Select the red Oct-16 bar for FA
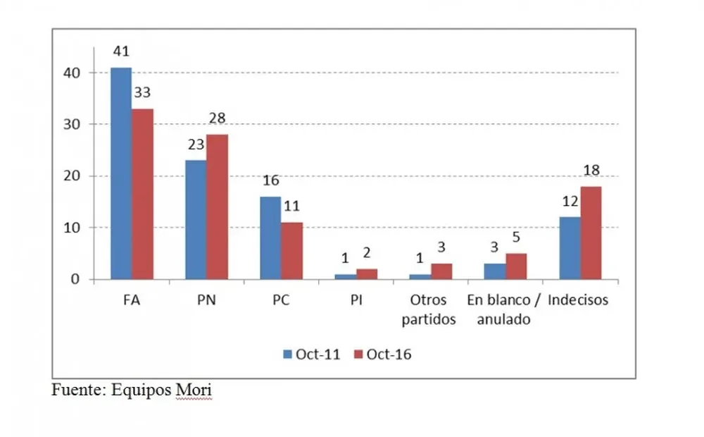[x=143, y=194]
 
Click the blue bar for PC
[x=270, y=238]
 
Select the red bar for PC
[x=292, y=251]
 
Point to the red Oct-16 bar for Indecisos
[x=591, y=233]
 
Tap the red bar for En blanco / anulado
[x=516, y=267]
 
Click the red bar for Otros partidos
[x=441, y=272]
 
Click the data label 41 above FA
[x=121, y=51]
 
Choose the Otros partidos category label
[x=429, y=309]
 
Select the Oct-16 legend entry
[x=382, y=355]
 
